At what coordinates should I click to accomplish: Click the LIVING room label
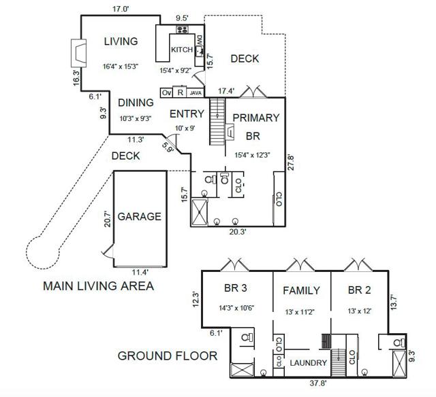121,41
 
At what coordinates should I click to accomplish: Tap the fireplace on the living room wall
79,53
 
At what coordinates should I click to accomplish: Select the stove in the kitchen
182,29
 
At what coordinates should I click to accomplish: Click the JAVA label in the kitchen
196,93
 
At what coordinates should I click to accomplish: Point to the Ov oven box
166,92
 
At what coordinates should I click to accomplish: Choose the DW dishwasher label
200,41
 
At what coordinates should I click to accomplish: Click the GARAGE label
139,216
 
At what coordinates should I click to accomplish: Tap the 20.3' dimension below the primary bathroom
238,231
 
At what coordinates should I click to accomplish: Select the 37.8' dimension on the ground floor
318,383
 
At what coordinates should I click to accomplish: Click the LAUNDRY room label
309,363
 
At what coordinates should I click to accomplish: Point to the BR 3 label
236,288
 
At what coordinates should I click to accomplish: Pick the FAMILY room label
301,290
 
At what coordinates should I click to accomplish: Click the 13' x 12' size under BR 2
360,311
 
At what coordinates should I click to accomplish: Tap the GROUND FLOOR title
168,356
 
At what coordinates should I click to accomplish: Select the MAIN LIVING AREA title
98,286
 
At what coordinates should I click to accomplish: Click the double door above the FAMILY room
300,264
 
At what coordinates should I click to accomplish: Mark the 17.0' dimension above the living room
121,9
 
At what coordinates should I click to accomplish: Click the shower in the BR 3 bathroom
243,370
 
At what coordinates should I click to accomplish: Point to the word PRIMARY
256,118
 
